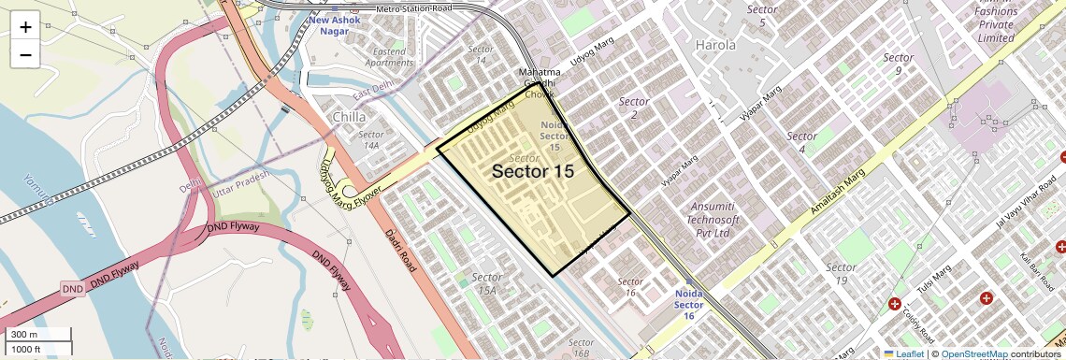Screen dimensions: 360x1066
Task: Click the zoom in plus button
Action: [25, 27]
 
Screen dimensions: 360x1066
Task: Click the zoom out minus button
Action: [25, 55]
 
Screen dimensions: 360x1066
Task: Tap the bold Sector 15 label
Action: [532, 171]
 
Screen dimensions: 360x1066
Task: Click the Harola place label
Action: [714, 44]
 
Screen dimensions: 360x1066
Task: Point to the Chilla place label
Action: [350, 117]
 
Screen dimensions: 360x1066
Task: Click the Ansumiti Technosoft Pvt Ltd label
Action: [714, 219]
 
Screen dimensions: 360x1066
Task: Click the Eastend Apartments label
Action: [388, 57]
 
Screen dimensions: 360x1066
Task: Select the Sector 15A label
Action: [486, 283]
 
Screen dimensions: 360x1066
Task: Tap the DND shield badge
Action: [73, 289]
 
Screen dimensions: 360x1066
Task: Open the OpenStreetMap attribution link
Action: [973, 353]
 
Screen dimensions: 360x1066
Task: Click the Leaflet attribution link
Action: [903, 353]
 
